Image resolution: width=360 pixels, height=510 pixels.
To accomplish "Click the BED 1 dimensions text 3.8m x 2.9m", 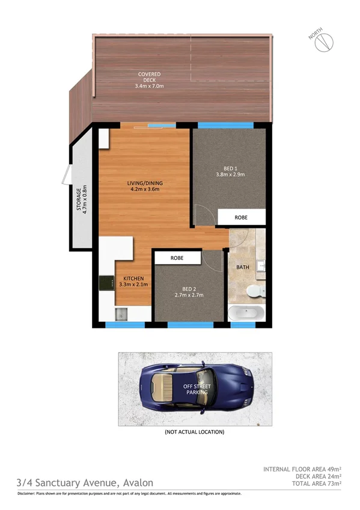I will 230,175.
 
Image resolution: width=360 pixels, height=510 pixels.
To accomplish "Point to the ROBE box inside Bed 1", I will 241,217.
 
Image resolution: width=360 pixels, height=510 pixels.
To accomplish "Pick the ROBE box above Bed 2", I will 177,257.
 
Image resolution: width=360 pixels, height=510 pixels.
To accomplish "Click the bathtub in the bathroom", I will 246,313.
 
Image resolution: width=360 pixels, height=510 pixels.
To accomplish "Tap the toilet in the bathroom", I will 255,292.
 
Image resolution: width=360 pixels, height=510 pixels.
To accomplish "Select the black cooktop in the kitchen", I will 107,282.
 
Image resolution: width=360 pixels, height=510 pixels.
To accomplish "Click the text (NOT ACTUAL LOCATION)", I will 194,432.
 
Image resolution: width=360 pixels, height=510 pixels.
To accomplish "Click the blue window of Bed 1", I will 225,125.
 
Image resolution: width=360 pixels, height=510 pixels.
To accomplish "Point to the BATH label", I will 243,267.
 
